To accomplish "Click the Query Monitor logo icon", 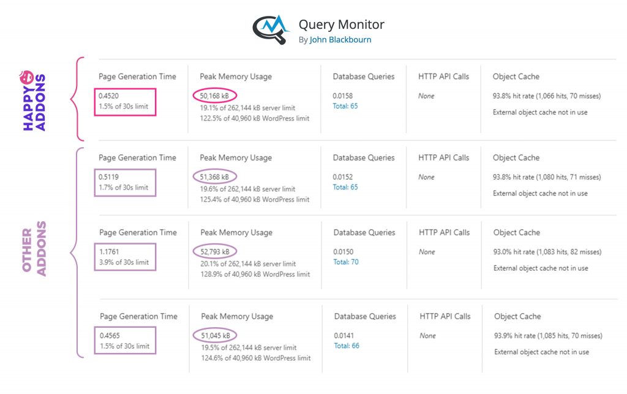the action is pos(270,29).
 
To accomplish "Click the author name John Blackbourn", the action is pos(340,40).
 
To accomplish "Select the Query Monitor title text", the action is pos(342,25).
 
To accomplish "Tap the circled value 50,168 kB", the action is pos(214,96).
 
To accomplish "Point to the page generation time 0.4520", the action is pos(109,96).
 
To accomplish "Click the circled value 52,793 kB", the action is pos(215,252).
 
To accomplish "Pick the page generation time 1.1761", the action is pos(109,252).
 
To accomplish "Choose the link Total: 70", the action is pos(346,262).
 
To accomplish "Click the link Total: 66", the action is pos(347,346).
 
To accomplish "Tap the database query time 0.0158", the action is pos(343,96).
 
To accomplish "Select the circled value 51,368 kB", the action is pos(214,177).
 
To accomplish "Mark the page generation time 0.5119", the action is pos(109,177).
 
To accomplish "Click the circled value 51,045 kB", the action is pos(216,336).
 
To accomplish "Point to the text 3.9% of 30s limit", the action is pos(124,262).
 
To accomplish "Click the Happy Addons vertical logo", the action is pos(34,100).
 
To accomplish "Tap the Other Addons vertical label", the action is pos(34,249).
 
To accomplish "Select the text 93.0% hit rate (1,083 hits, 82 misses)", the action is pos(547,252).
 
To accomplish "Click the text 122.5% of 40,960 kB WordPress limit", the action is pos(255,118).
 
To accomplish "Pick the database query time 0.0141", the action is pos(344,336).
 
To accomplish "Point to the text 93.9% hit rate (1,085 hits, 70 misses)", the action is pos(548,336).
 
